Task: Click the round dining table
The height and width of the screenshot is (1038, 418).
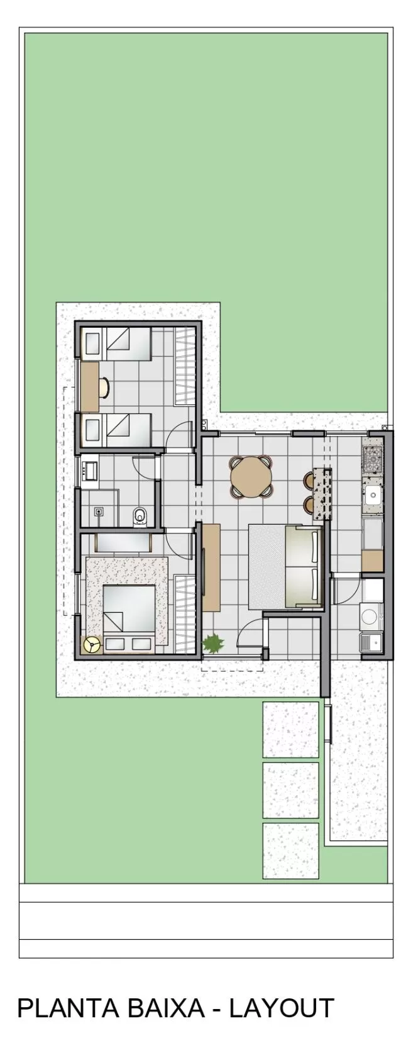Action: pos(251,477)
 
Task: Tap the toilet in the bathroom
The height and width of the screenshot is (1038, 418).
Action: pos(140,516)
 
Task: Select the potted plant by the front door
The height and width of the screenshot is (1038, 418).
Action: pos(213,643)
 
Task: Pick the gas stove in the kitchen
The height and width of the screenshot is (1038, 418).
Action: pos(373,459)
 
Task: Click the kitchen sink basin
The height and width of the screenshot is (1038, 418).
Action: pos(373,493)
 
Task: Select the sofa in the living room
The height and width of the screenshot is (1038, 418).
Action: pos(304,567)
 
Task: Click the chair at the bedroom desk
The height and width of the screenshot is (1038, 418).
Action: pos(104,388)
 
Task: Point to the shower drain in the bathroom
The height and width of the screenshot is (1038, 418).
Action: pos(99,512)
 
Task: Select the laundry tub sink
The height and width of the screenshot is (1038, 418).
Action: pos(370,642)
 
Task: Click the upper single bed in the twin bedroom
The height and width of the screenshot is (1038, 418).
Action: pos(116,343)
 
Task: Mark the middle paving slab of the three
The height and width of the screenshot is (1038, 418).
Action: pos(290,790)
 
